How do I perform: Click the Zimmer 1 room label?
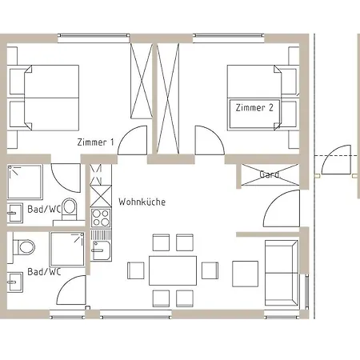(x=96, y=142)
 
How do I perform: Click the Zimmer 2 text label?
(x=255, y=106)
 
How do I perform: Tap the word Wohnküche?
(x=142, y=202)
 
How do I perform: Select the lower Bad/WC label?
(x=44, y=272)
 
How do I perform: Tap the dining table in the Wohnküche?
(x=172, y=270)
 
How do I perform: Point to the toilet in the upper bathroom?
(x=69, y=209)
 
